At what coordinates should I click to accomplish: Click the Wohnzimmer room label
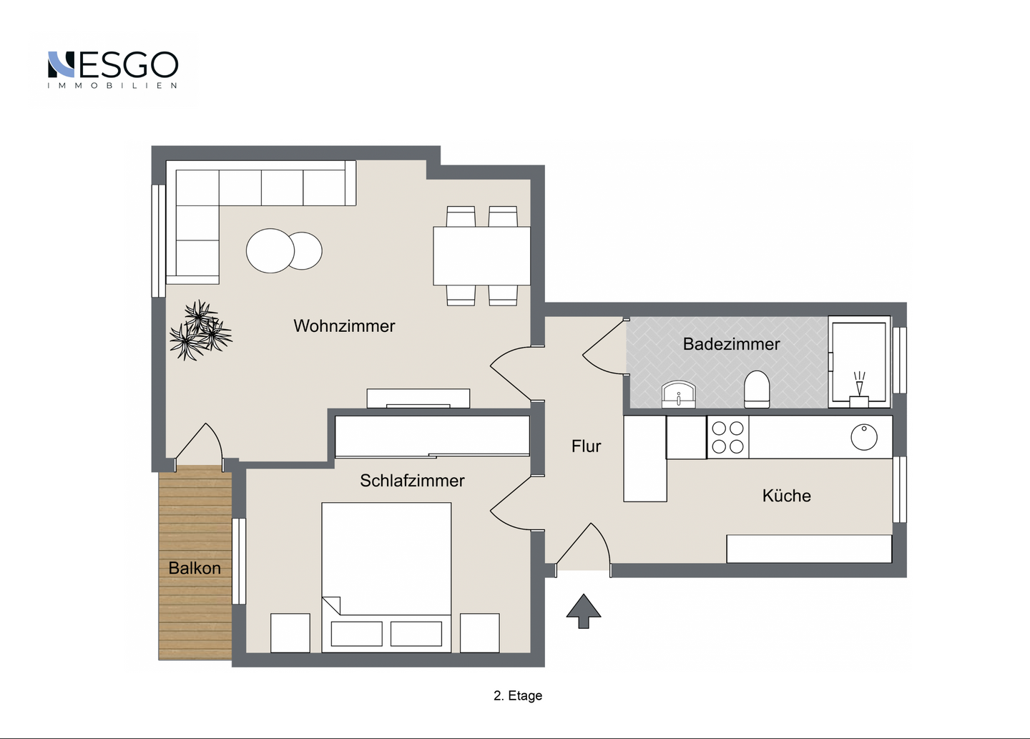[x=344, y=326]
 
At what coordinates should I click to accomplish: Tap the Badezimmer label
[x=731, y=344]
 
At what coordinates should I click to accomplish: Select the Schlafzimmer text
[x=412, y=481]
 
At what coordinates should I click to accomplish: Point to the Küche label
[x=786, y=496]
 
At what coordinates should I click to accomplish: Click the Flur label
[x=586, y=446]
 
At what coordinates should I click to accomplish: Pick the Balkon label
[x=195, y=568]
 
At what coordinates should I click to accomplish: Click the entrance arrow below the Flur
[x=584, y=611]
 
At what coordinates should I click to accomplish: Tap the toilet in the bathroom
[x=757, y=389]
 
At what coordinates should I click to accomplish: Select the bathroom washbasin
[x=678, y=394]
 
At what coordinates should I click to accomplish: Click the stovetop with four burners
[x=727, y=437]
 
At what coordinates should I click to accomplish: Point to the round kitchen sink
[x=864, y=437]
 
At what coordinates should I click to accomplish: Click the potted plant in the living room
[x=200, y=331]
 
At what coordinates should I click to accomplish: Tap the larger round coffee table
[x=270, y=250]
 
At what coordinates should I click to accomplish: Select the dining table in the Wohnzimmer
[x=481, y=255]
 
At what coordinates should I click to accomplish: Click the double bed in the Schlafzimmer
[x=386, y=577]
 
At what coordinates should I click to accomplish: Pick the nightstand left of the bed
[x=290, y=633]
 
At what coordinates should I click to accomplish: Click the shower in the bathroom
[x=859, y=361]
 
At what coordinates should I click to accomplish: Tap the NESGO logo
[x=113, y=69]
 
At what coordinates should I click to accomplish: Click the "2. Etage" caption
[x=518, y=696]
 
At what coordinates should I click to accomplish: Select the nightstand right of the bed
[x=479, y=633]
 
